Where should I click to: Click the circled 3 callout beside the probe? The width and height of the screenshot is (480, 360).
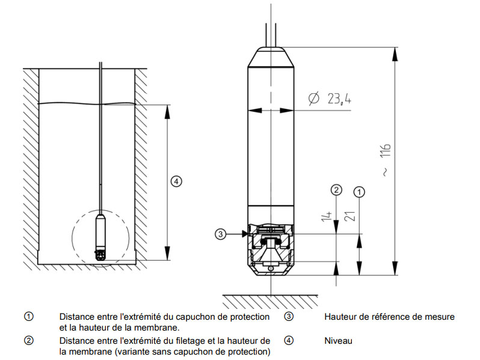(x=221, y=234)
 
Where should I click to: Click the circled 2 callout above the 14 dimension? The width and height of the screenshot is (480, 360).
(x=337, y=191)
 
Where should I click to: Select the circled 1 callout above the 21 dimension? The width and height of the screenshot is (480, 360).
(x=359, y=192)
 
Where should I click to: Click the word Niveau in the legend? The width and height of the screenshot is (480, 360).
(x=337, y=341)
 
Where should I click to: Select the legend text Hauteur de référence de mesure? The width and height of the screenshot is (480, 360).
(x=389, y=317)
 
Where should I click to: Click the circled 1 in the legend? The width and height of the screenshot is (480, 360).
(x=28, y=317)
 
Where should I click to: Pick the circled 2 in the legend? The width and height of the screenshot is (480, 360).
(x=28, y=341)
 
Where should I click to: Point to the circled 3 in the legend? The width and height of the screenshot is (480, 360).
(x=289, y=317)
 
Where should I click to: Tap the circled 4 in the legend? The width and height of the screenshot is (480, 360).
(x=289, y=341)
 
